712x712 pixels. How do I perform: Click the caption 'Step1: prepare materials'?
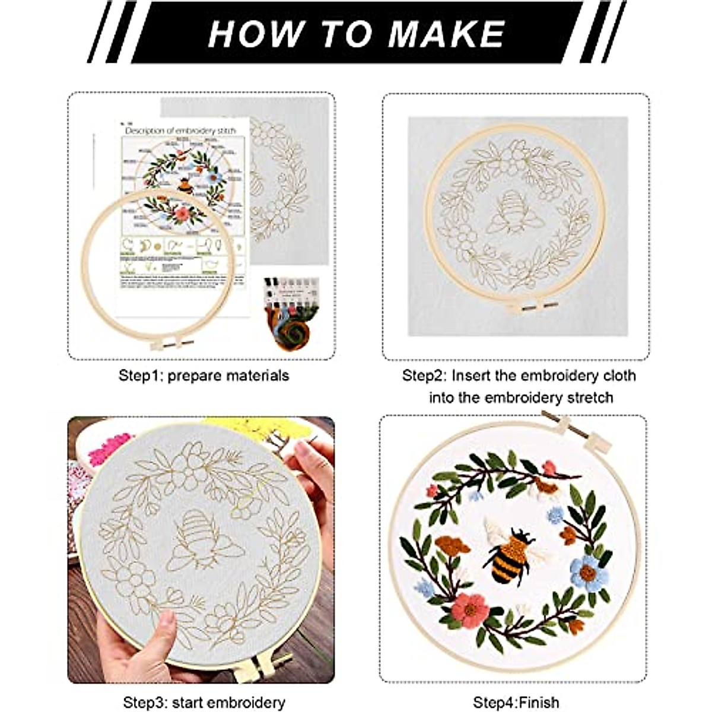(204, 376)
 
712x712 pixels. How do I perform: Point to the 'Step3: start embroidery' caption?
(204, 703)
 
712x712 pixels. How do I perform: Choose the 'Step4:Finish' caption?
(516, 703)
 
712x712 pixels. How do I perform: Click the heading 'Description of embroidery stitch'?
(180, 131)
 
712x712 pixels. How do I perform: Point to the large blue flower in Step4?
(589, 573)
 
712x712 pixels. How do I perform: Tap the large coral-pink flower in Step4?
(470, 609)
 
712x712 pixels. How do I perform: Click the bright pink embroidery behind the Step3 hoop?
(110, 448)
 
